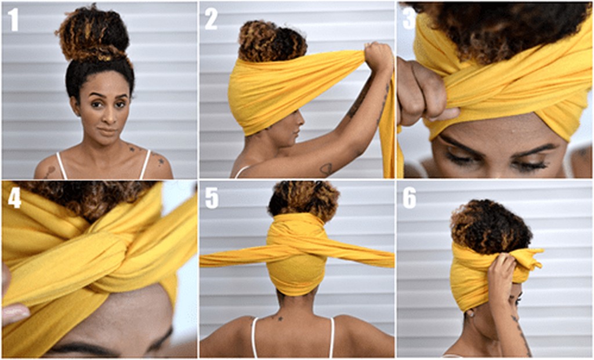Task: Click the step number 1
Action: pos(13,20)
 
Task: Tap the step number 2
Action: pos(211,19)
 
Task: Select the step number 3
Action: pos(409,18)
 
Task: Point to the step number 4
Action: pos(15,197)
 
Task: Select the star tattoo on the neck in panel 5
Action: pos(280,318)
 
